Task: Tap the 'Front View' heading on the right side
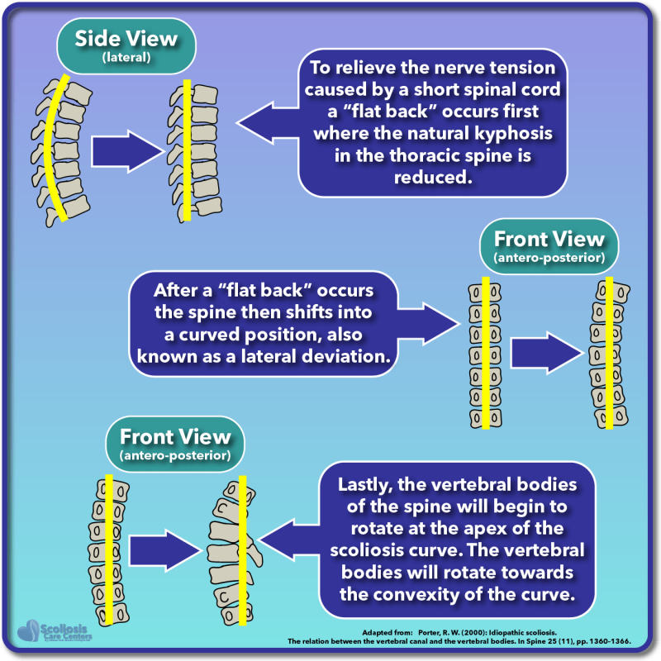(x=549, y=240)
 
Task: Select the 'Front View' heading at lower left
(x=175, y=437)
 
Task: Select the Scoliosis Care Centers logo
(x=58, y=630)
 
